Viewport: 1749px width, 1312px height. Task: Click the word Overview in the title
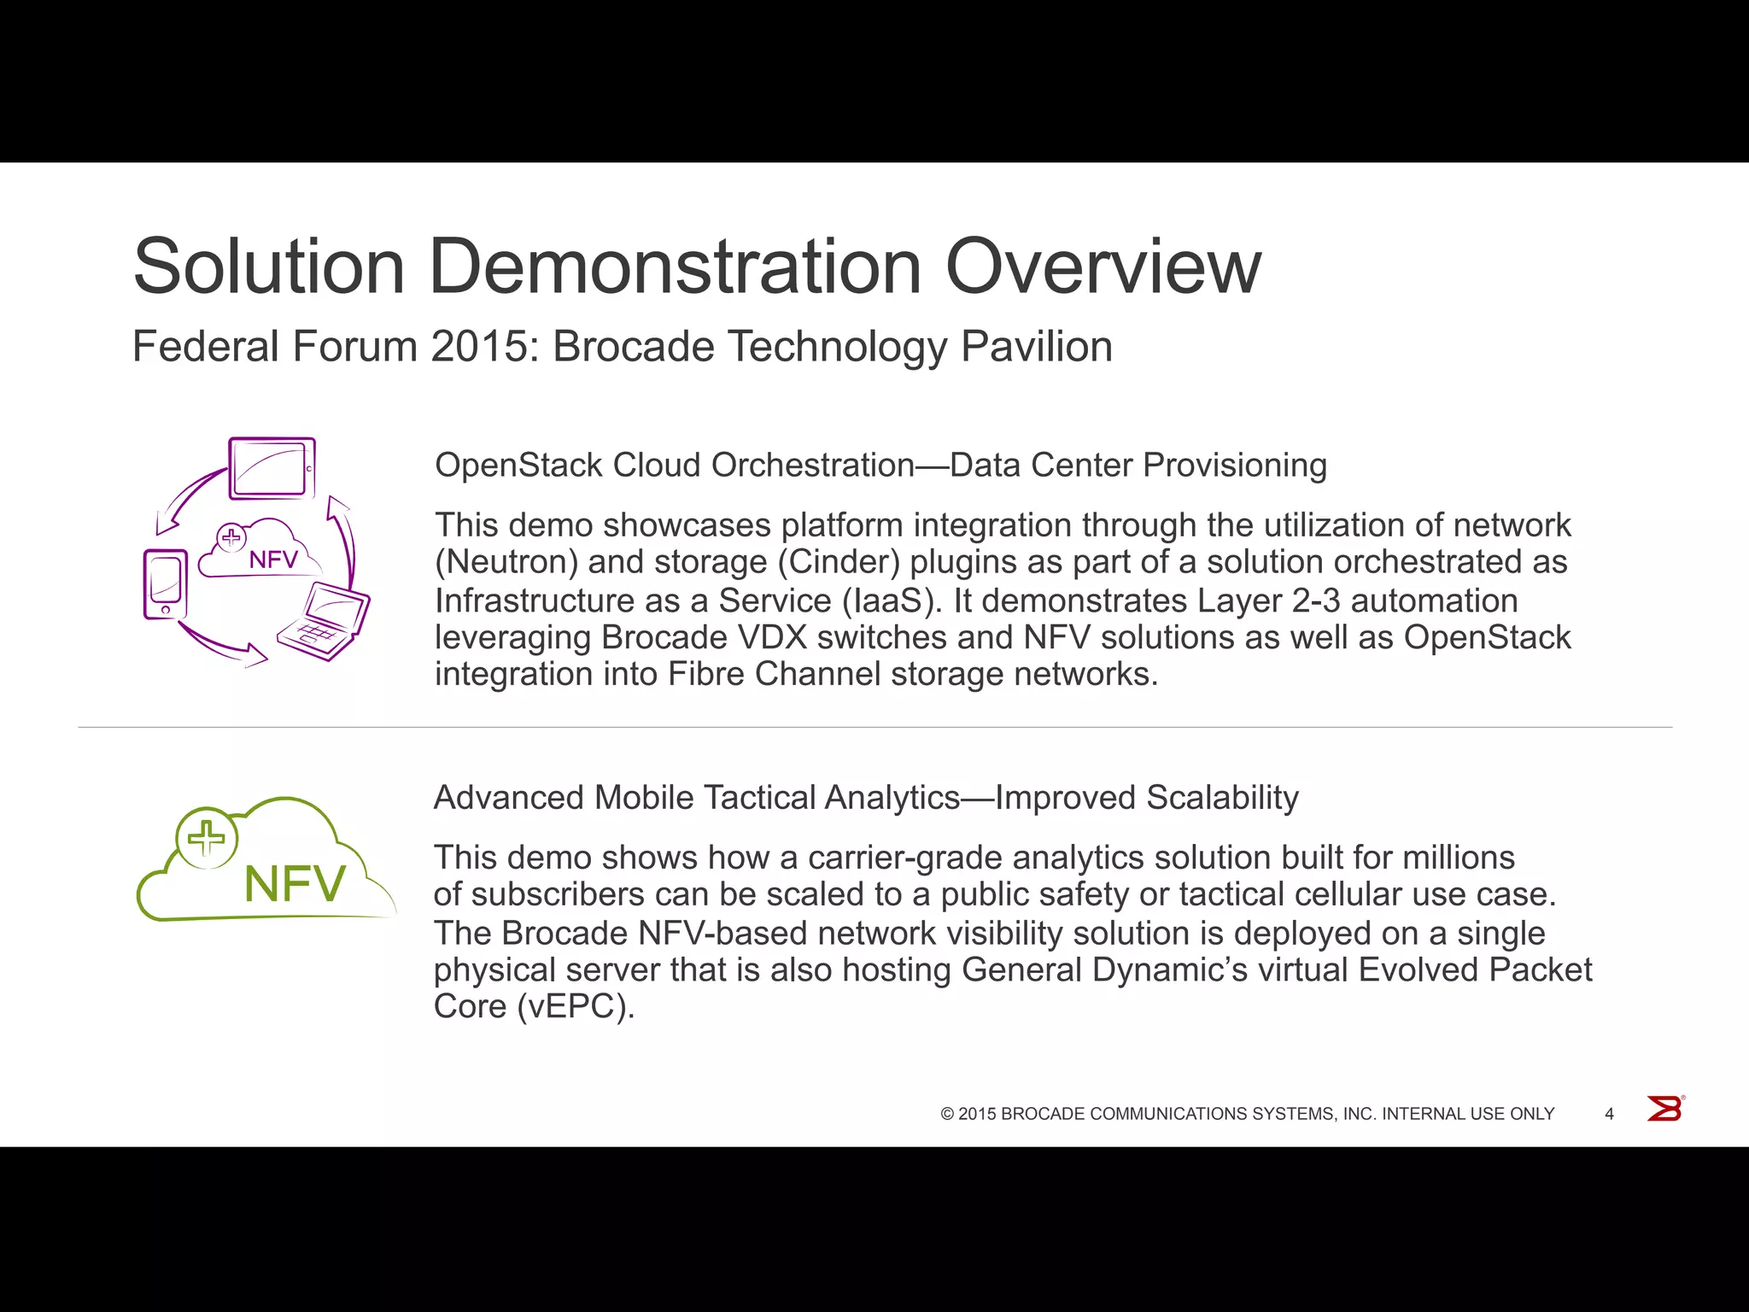point(1103,266)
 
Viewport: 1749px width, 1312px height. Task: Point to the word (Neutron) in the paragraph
point(506,562)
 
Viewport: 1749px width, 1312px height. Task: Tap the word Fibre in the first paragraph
point(706,675)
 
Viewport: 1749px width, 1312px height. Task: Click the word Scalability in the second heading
point(1222,798)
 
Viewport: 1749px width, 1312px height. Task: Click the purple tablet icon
point(272,468)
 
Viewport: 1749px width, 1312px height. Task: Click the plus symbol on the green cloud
point(206,838)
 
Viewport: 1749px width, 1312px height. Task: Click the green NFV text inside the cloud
point(295,884)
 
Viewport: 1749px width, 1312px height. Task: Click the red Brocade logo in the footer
point(1664,1109)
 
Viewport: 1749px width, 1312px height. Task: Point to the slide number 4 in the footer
point(1609,1114)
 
